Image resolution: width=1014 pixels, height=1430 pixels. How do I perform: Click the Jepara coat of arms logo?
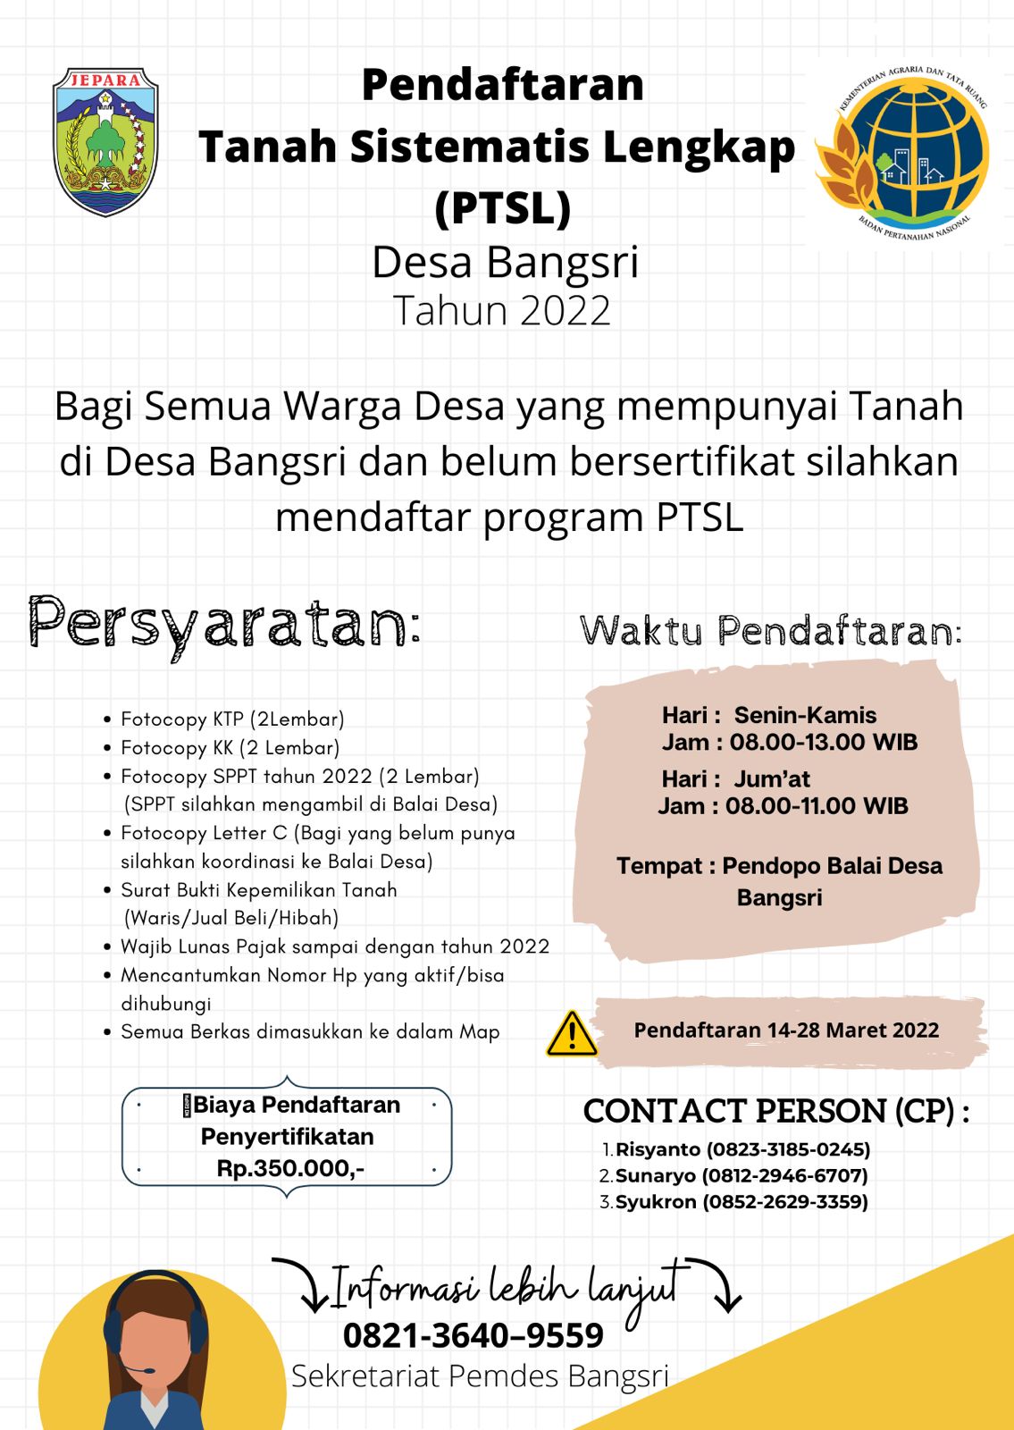click(105, 141)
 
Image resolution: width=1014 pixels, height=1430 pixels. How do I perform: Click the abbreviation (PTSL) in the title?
click(503, 207)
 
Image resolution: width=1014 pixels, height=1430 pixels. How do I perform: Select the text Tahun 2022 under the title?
click(502, 311)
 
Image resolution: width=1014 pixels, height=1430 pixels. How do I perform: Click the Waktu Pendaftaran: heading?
click(770, 631)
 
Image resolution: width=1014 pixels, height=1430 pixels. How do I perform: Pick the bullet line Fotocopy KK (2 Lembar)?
click(230, 747)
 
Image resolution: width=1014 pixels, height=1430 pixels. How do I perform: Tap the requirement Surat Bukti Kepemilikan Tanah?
click(259, 889)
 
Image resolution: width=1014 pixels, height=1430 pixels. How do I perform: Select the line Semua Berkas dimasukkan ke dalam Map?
click(310, 1031)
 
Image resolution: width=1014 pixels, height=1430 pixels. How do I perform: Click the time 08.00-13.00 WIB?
click(824, 742)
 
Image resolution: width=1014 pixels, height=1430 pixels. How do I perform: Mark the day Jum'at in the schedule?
click(772, 778)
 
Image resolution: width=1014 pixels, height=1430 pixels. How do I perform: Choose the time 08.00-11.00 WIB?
click(817, 806)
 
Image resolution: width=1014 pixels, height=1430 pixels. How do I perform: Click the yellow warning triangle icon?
click(572, 1034)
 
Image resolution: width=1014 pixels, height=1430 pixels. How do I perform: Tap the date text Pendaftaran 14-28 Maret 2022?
click(786, 1030)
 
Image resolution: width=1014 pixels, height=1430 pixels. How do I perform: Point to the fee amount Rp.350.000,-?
click(290, 1168)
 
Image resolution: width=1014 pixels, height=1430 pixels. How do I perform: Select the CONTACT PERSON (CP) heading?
click(775, 1111)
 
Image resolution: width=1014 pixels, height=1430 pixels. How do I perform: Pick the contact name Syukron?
click(656, 1201)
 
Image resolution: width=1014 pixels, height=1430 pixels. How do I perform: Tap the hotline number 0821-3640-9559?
click(473, 1335)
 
